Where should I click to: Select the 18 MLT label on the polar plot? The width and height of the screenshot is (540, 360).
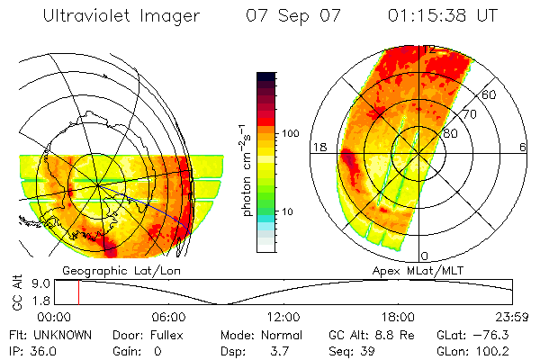(x=318, y=147)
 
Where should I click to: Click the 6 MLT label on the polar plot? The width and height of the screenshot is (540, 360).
(x=523, y=147)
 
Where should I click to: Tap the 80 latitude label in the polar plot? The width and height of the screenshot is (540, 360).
(x=451, y=133)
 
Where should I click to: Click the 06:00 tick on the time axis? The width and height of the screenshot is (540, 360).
(x=169, y=317)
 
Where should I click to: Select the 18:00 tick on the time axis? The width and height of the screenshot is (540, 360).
(x=398, y=317)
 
